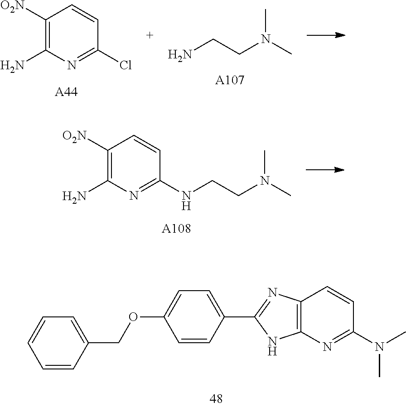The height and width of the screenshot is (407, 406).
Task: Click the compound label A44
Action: coord(66,93)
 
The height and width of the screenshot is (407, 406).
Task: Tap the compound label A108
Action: coord(176,229)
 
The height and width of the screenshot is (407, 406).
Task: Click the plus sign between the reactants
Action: coord(150,36)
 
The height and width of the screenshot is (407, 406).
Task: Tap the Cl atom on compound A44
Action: coord(122,67)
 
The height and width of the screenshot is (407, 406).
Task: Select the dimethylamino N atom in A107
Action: coord(266,40)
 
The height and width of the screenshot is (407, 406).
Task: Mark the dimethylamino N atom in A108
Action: coord(266,180)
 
